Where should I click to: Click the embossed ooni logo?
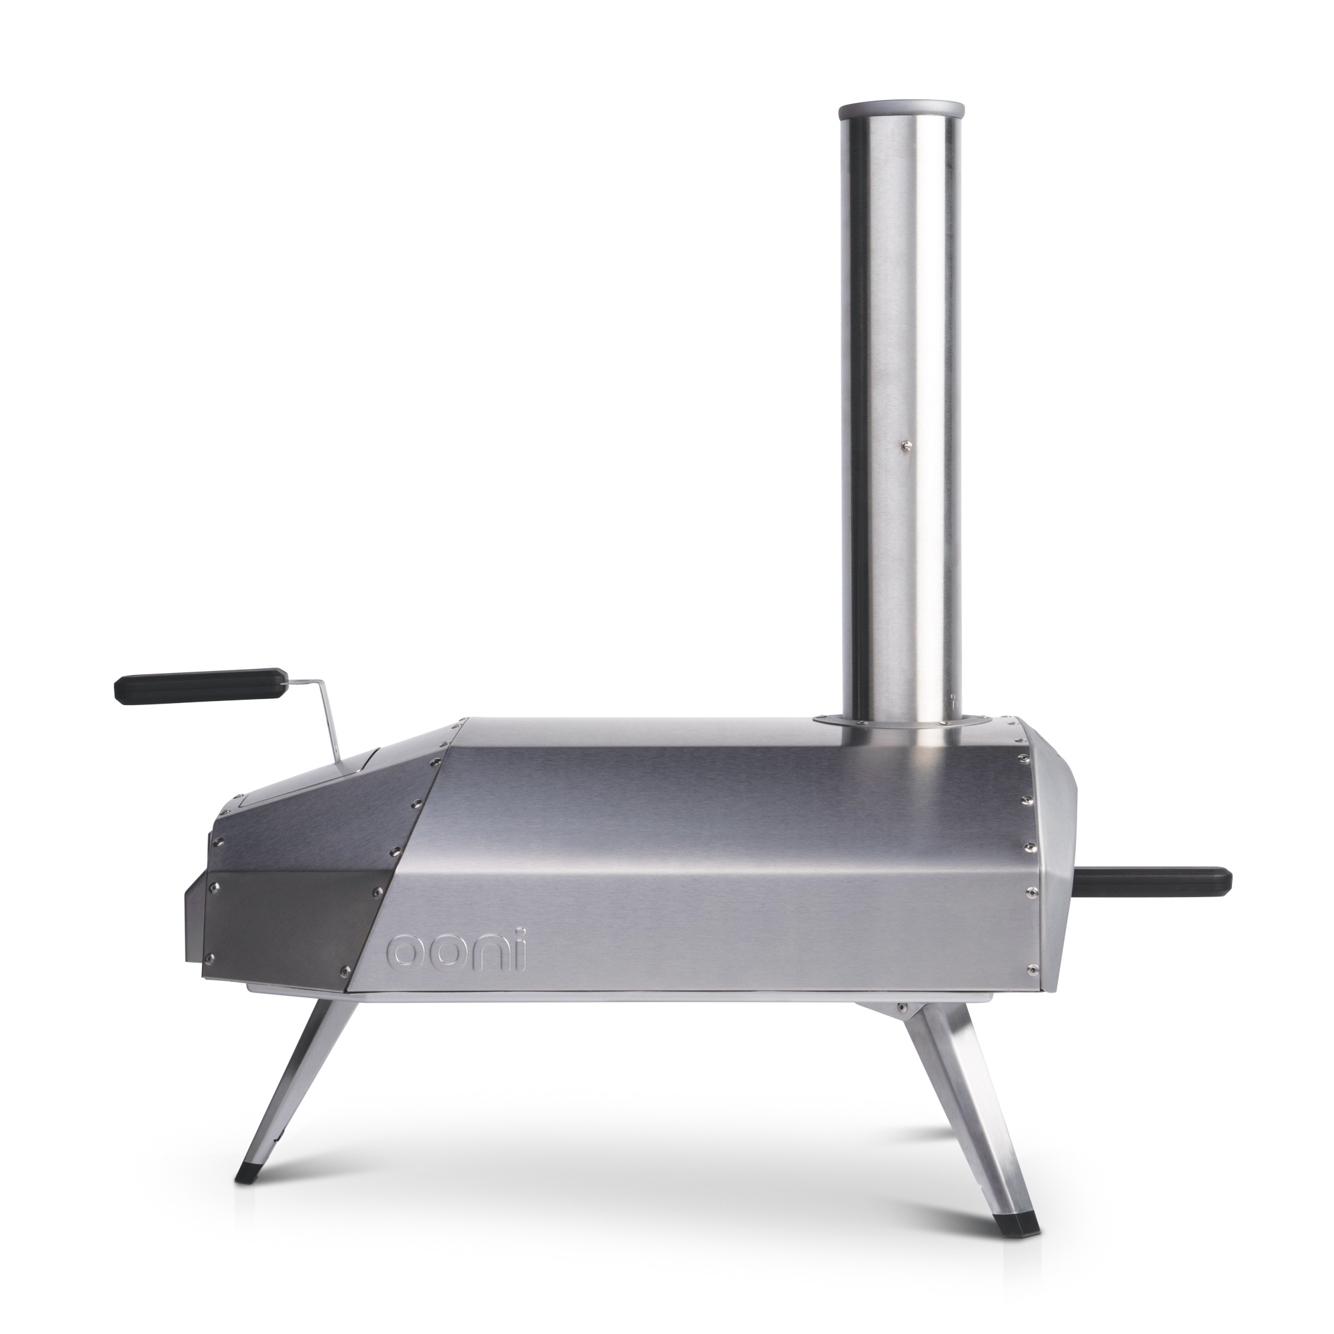[456, 952]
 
